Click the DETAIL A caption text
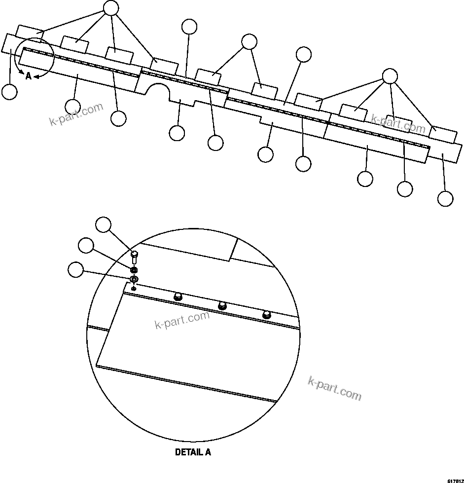(x=193, y=452)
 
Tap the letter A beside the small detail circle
(x=29, y=76)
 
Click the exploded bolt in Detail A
(x=134, y=257)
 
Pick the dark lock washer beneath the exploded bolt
(x=134, y=270)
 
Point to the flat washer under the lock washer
(x=134, y=280)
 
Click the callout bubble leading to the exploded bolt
(x=103, y=224)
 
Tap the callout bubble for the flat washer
(x=76, y=270)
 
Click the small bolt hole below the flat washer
(x=134, y=288)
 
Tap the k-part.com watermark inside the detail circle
(x=182, y=320)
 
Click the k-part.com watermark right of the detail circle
(x=334, y=388)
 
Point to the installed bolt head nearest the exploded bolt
(x=178, y=296)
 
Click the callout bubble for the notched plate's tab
(x=177, y=132)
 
